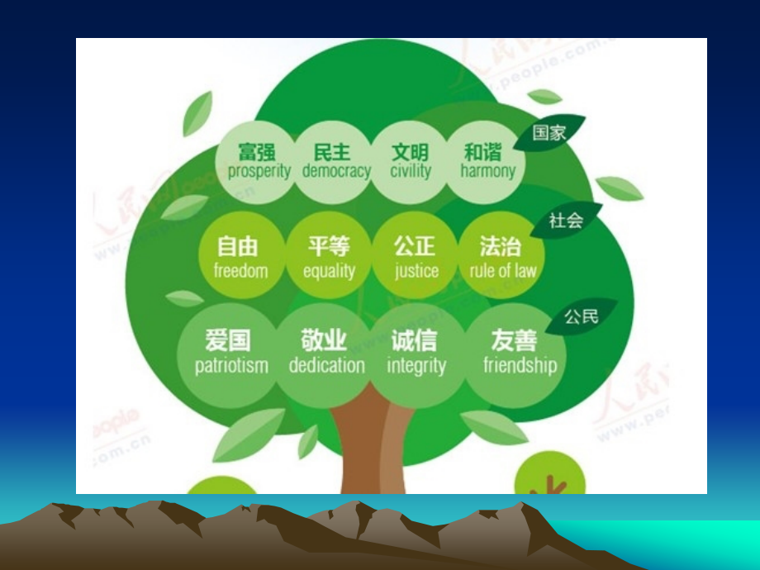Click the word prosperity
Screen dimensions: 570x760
click(x=259, y=172)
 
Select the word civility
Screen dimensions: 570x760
click(x=411, y=172)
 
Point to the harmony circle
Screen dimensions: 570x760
click(x=487, y=163)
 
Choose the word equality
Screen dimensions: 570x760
click(x=329, y=271)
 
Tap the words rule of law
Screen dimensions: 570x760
click(x=502, y=271)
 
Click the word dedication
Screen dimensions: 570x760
click(x=326, y=366)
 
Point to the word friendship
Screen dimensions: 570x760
click(x=520, y=366)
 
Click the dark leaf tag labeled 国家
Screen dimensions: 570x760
click(x=549, y=133)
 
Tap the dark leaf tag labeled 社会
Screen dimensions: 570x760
click(x=566, y=221)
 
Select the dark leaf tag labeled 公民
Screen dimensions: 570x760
click(x=580, y=316)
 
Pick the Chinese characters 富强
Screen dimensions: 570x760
click(x=256, y=152)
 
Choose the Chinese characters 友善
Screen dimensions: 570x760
click(x=514, y=341)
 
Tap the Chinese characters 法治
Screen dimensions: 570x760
click(x=501, y=246)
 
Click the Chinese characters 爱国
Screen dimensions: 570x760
click(x=227, y=341)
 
